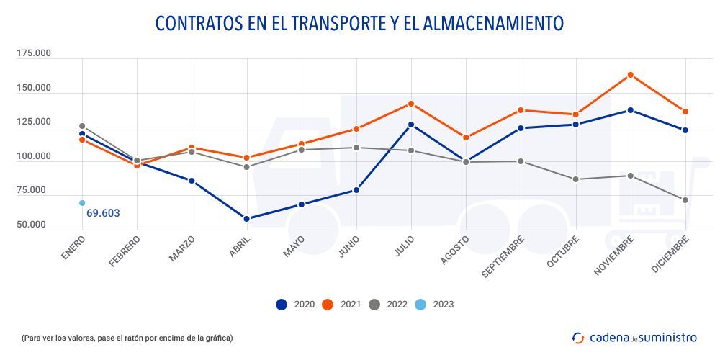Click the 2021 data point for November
click(631, 75)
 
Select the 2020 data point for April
click(246, 219)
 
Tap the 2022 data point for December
click(685, 200)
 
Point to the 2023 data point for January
click(82, 203)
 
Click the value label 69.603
click(103, 213)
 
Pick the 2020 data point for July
click(411, 125)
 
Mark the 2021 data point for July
click(411, 104)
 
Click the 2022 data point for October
click(576, 179)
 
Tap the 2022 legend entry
click(387, 304)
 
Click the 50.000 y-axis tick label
click(33, 225)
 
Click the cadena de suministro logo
click(634, 337)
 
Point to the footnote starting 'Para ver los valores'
click(127, 337)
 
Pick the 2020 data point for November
click(631, 110)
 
